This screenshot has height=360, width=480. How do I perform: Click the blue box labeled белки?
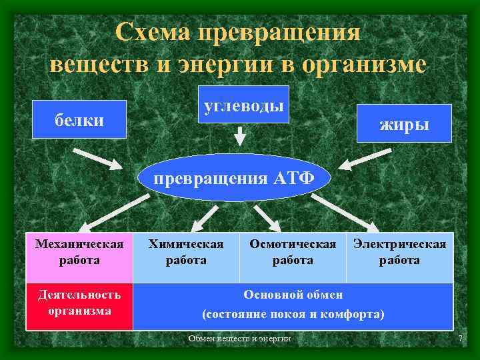(79, 119)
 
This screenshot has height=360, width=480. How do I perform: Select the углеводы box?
(243, 105)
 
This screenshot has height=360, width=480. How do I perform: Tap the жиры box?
(404, 123)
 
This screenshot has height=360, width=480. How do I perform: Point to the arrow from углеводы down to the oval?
(240, 136)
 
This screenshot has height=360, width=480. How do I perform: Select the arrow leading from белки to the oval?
(97, 159)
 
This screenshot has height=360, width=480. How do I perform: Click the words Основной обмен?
(293, 295)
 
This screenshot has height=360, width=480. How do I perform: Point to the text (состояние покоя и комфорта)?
(293, 313)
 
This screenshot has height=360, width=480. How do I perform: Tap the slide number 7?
(459, 340)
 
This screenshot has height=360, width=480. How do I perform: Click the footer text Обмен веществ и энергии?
(239, 339)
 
